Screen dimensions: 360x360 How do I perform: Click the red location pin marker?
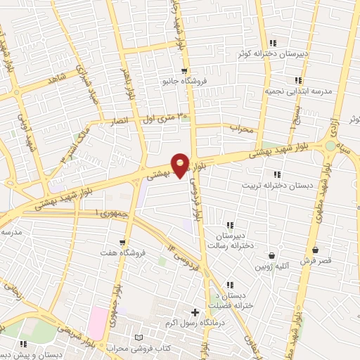point(181,165)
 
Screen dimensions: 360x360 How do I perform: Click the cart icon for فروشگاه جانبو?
point(184,71)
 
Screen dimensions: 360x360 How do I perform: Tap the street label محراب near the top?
point(241,129)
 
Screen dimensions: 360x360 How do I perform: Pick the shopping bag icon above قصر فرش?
point(315,250)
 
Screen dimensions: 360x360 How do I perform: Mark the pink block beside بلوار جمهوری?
point(96,322)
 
